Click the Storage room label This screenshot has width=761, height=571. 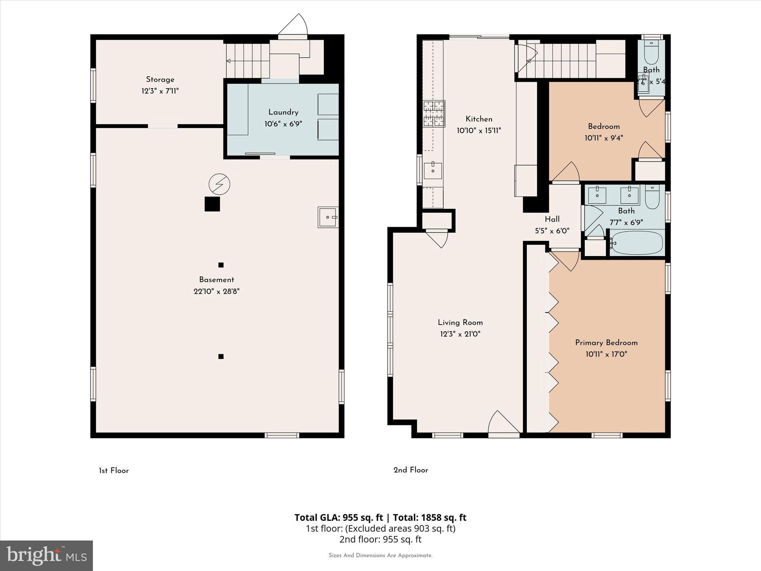pyautogui.click(x=160, y=80)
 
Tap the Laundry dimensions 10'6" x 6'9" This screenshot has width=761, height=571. pyautogui.click(x=283, y=124)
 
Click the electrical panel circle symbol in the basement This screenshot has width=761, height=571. pyautogui.click(x=219, y=184)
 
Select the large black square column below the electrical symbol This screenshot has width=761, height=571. pyautogui.click(x=212, y=204)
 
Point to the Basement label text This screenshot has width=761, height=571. pyautogui.click(x=216, y=280)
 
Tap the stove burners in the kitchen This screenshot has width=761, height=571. pyautogui.click(x=434, y=113)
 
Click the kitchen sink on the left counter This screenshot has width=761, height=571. pyautogui.click(x=433, y=171)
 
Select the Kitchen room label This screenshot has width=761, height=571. pyautogui.click(x=479, y=119)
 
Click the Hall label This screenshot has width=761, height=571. pyautogui.click(x=552, y=219)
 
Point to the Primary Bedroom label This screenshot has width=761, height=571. pyautogui.click(x=606, y=343)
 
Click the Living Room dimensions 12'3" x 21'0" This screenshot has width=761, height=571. pyautogui.click(x=460, y=334)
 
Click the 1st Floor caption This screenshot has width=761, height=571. pyautogui.click(x=114, y=471)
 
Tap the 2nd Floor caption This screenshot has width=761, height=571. pyautogui.click(x=411, y=470)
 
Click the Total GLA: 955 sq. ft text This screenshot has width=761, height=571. pyautogui.click(x=339, y=517)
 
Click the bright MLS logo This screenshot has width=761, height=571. pyautogui.click(x=46, y=555)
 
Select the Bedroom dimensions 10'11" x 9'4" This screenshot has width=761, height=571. pyautogui.click(x=603, y=138)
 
